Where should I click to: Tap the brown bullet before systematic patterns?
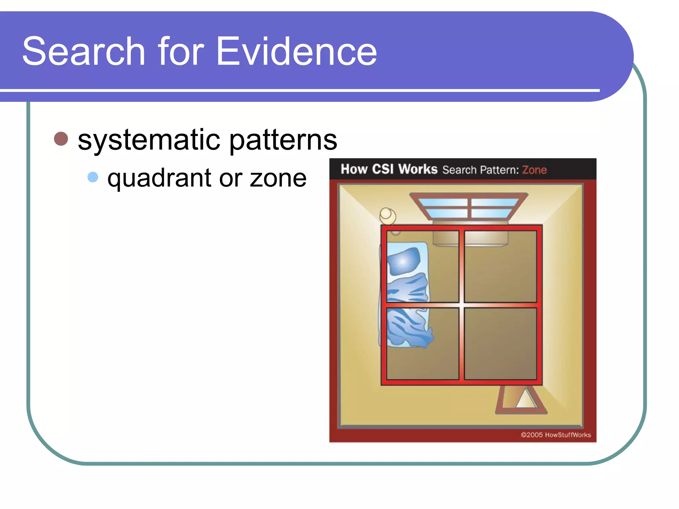pyautogui.click(x=61, y=139)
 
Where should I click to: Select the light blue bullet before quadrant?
pyautogui.click(x=93, y=177)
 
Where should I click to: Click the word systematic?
pyautogui.click(x=149, y=140)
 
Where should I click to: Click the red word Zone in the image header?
pyautogui.click(x=534, y=170)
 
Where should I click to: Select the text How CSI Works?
pyautogui.click(x=389, y=169)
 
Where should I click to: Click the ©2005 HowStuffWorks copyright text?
pyautogui.click(x=556, y=435)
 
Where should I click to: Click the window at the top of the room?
pyautogui.click(x=468, y=207)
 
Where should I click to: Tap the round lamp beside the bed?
pyautogui.click(x=387, y=215)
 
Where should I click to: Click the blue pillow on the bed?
pyautogui.click(x=403, y=261)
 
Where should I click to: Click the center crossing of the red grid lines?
pyautogui.click(x=462, y=305)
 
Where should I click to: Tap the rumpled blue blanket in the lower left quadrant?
pyautogui.click(x=408, y=328)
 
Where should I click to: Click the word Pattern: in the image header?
pyautogui.click(x=499, y=170)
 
